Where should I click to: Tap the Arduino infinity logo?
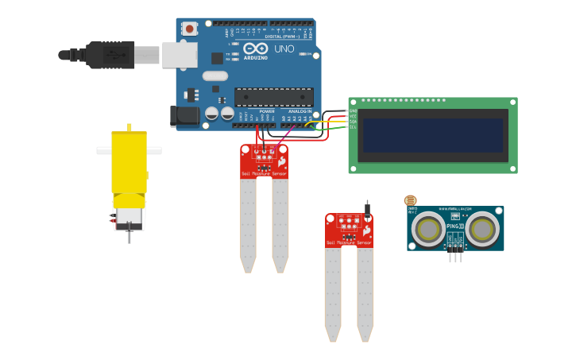255,48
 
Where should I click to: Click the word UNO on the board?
284,49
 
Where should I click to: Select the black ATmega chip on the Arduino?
273,97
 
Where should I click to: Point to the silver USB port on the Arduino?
180,54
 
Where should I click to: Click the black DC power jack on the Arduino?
185,115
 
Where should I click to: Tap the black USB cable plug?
110,55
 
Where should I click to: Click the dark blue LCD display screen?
433,135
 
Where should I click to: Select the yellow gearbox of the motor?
129,163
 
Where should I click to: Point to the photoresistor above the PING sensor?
410,201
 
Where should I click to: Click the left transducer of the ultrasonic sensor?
430,229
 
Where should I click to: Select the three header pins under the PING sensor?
456,255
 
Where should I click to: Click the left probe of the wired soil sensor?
248,223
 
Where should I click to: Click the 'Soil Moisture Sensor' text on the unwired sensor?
350,242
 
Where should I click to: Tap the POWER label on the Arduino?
266,111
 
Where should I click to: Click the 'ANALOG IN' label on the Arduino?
300,111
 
